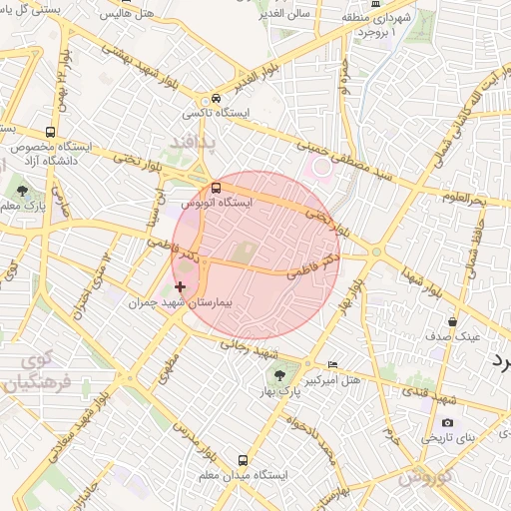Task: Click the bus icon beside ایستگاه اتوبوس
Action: tap(218, 187)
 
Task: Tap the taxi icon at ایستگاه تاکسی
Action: tap(216, 99)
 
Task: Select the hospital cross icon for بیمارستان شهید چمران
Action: tap(180, 286)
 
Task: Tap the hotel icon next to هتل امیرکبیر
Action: tap(333, 365)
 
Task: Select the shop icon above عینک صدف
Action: tap(453, 321)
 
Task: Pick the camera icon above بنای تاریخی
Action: tap(446, 423)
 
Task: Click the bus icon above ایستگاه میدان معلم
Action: tap(242, 461)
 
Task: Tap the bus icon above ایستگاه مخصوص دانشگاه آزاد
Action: tap(51, 133)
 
